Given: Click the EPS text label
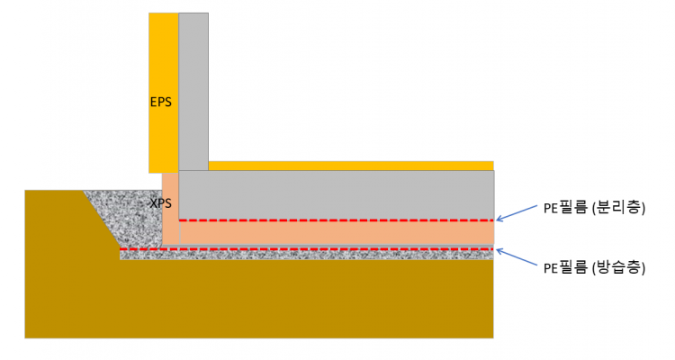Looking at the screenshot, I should [x=160, y=102].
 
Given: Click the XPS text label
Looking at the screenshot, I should [x=160, y=203].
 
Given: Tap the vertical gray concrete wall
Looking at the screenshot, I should [x=193, y=90].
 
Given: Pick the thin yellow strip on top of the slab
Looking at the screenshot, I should [x=351, y=166].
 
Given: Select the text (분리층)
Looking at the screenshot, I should [x=617, y=208].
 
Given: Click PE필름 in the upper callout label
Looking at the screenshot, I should [x=564, y=208].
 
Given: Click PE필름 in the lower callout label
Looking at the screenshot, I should [x=564, y=267].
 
